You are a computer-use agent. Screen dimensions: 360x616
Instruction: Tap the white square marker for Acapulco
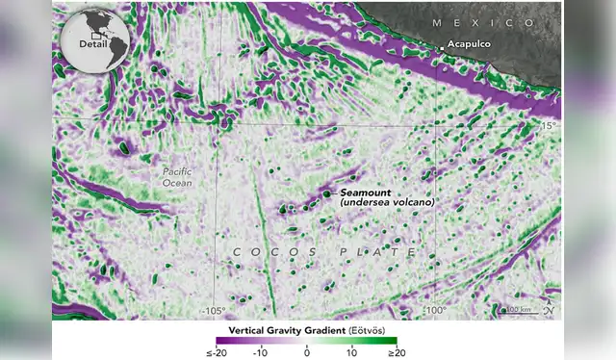pos(442,46)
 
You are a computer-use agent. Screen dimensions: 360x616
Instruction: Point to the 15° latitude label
pos(548,126)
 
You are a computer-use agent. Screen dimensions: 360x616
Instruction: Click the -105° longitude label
pos(213,310)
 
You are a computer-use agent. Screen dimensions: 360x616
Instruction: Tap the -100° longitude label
pos(434,310)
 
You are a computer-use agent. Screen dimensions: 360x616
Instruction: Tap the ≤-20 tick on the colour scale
pos(218,352)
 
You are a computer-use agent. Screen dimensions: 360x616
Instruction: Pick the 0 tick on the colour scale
pos(307,352)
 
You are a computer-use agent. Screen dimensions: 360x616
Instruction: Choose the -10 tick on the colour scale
pos(261,352)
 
